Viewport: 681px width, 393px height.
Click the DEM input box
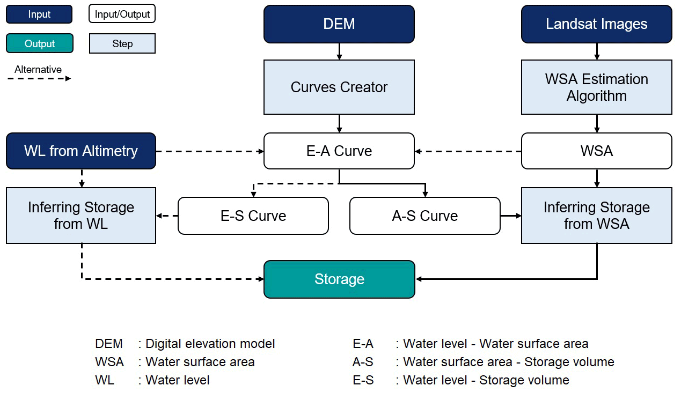tap(339, 24)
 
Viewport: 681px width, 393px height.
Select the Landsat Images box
tap(596, 24)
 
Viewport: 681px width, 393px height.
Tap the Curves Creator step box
tap(339, 87)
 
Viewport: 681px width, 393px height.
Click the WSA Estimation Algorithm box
tap(596, 87)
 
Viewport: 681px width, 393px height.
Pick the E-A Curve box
tap(339, 151)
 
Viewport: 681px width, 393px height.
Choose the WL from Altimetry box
tap(81, 151)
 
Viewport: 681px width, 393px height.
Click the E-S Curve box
tap(253, 216)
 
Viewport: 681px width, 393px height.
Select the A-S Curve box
tap(424, 216)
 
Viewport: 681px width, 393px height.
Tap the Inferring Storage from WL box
tap(81, 215)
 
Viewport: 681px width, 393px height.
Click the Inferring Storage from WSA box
tap(596, 215)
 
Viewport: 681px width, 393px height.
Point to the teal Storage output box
tap(339, 279)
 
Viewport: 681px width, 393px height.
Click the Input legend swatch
tap(39, 14)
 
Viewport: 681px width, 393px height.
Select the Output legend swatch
tap(39, 43)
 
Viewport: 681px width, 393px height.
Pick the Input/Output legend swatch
tap(122, 14)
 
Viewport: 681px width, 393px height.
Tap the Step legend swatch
tap(122, 43)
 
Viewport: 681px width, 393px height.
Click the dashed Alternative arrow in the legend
tap(39, 79)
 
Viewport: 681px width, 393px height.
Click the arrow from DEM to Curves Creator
tap(339, 51)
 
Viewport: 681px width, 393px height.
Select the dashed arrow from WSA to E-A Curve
tap(468, 151)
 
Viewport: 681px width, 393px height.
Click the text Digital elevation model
tap(210, 344)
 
